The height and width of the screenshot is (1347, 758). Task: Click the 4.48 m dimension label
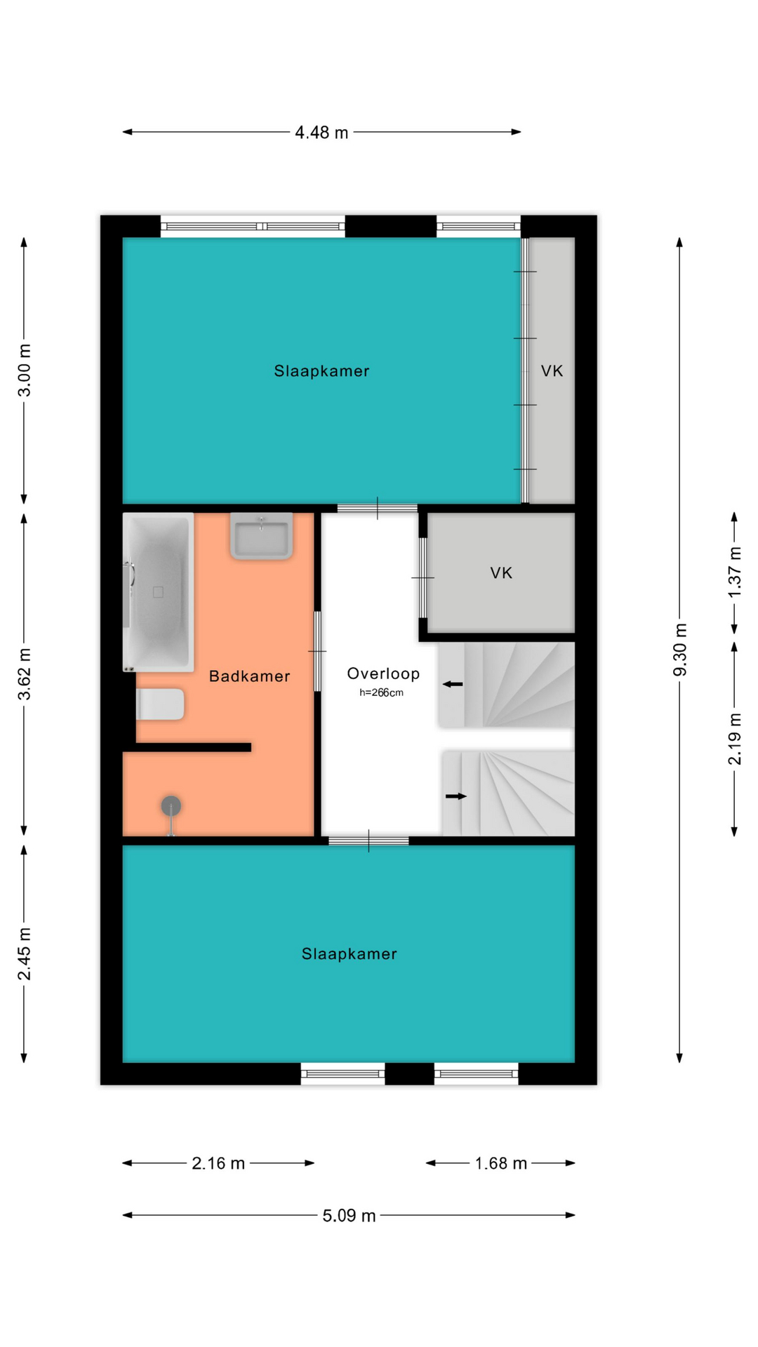tap(321, 133)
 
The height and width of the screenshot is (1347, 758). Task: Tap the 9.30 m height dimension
tap(680, 650)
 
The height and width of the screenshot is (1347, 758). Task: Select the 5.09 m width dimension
tap(349, 1216)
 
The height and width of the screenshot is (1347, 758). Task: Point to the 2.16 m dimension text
tap(218, 1164)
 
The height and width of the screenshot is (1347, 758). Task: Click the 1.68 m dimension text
tap(500, 1164)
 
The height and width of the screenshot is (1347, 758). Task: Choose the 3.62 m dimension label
tap(25, 674)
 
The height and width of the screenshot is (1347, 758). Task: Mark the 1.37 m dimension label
tap(735, 572)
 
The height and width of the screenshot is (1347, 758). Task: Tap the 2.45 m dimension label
tap(25, 954)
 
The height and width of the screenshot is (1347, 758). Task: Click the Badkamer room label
tap(250, 676)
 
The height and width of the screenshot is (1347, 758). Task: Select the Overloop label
tap(383, 673)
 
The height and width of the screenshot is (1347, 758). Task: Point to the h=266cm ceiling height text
tap(381, 692)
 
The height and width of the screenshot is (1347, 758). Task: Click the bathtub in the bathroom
tap(158, 592)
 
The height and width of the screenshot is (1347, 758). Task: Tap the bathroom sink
tap(261, 536)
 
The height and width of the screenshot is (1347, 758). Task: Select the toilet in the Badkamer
tap(160, 704)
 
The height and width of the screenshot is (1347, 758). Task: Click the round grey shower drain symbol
tap(171, 806)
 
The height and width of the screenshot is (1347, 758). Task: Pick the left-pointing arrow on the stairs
tap(453, 684)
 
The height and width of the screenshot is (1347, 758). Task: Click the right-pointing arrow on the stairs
tap(456, 796)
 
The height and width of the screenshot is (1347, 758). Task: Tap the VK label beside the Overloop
tap(501, 573)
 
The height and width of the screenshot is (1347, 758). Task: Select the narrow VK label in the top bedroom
tap(552, 371)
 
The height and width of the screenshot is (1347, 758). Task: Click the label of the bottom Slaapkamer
tap(350, 954)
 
